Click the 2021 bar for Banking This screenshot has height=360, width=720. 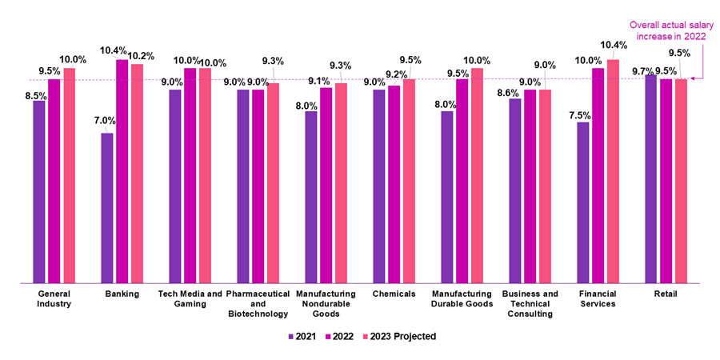click(x=107, y=208)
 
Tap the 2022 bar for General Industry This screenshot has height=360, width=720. click(x=54, y=181)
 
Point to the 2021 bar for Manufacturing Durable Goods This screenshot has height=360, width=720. click(x=447, y=197)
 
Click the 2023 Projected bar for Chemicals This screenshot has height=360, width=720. click(x=410, y=181)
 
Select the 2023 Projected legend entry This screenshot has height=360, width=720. click(x=398, y=337)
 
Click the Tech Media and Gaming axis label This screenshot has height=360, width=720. click(x=190, y=298)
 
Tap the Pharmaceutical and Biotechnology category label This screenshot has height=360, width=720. click(x=258, y=304)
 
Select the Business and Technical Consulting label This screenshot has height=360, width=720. click(x=530, y=304)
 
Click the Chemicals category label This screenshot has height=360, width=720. click(x=394, y=294)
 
